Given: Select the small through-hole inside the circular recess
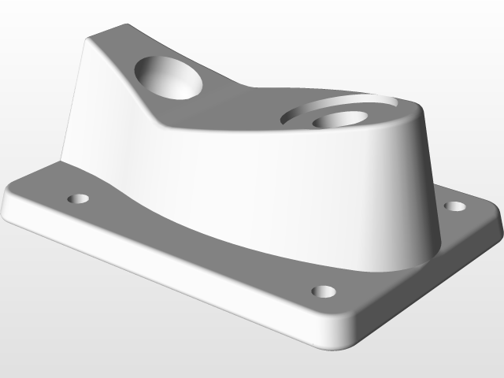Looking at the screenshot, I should pos(339,120).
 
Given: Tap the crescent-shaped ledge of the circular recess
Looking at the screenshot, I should pos(346,106).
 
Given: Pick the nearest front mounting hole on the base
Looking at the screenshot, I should pos(323,291).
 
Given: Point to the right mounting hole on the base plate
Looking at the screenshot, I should pos(454,206).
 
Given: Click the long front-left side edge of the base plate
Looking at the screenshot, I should pos(157,268).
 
